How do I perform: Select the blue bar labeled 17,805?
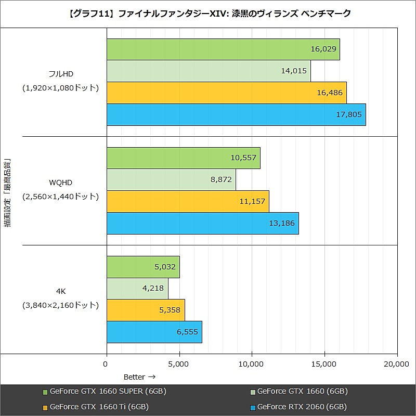[236, 114]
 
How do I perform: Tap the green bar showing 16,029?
[223, 49]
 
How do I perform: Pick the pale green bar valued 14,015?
[209, 71]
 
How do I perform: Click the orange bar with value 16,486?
[226, 93]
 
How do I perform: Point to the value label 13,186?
[281, 223]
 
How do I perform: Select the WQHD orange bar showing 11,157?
[188, 201]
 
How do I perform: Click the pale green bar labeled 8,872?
[171, 179]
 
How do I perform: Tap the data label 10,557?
[243, 158]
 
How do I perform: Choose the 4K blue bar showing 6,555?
[154, 332]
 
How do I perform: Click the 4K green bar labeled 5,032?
[143, 267]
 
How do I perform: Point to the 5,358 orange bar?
[146, 310]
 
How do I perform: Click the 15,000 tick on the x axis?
[324, 365]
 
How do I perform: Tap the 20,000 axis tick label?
[396, 365]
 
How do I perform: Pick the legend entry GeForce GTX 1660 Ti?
[96, 407]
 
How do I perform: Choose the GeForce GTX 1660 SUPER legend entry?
[104, 391]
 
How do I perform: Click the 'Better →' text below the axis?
[139, 376]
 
